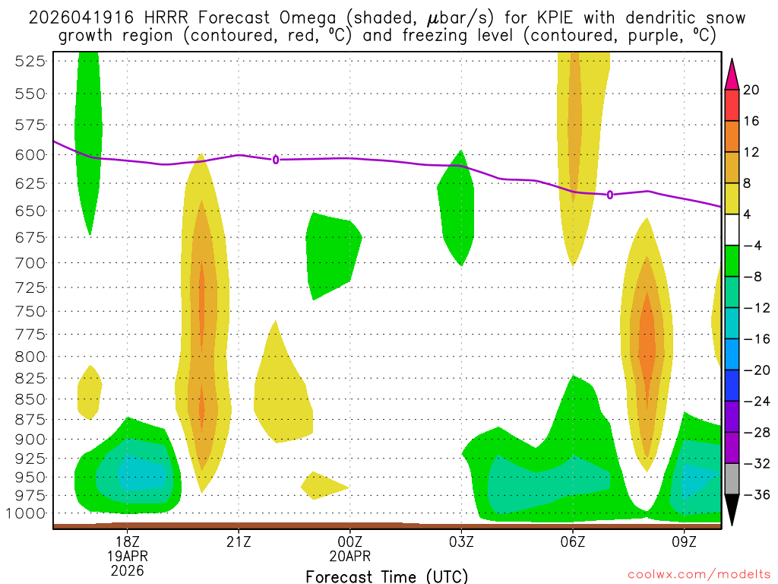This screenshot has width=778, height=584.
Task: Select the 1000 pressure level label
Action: [27, 513]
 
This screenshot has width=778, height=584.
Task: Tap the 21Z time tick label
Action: [239, 541]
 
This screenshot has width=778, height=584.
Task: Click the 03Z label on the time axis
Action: [461, 541]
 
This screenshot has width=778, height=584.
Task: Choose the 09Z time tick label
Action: [685, 541]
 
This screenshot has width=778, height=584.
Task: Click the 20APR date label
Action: [349, 556]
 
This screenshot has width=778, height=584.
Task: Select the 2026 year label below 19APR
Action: [127, 570]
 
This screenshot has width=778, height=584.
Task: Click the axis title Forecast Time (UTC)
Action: [387, 576]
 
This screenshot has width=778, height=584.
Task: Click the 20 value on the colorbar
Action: [751, 90]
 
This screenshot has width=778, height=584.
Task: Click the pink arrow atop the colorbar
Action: [732, 74]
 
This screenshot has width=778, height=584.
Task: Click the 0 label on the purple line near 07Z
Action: [610, 195]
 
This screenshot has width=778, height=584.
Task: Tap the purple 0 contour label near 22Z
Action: [276, 159]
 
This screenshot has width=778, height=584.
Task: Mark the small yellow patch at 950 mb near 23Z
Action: [322, 485]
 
